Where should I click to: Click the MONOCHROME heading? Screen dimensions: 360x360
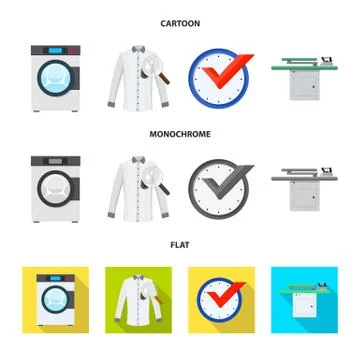(x=181, y=131)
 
